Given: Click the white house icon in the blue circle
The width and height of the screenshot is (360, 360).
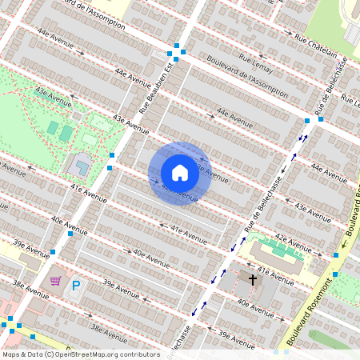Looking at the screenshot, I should (x=180, y=173).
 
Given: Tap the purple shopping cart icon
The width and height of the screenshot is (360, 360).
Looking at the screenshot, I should (x=55, y=281).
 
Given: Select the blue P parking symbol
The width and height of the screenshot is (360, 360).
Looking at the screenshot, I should (x=76, y=286).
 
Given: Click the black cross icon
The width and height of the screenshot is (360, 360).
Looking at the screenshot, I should (x=253, y=279).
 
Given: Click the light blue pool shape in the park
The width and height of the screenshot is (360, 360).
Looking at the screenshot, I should (x=81, y=167).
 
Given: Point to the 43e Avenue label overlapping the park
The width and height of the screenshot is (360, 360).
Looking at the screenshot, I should (x=53, y=94).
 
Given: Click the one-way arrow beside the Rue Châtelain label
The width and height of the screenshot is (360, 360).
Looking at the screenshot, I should (x=290, y=32).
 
